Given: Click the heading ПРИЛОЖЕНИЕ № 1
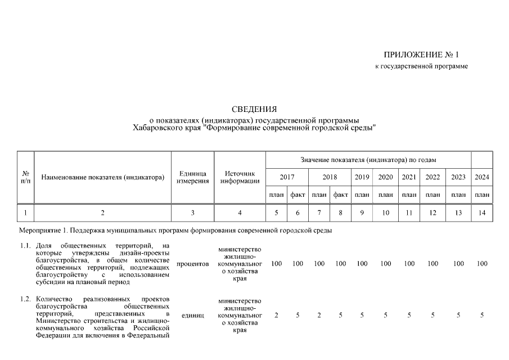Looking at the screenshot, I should (421, 55).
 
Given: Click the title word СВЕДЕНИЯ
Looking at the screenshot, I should (254, 109).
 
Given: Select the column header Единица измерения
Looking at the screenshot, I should (192, 177).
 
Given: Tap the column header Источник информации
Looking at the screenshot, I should (240, 177).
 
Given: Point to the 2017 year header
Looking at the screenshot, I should (287, 177).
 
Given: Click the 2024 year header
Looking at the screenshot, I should (482, 177).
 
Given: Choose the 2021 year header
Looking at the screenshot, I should (409, 177).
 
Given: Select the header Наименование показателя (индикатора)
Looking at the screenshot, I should (102, 177).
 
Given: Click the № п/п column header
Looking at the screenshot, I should (26, 177).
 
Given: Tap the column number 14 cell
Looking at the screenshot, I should (482, 213).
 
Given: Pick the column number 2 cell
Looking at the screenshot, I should (102, 213).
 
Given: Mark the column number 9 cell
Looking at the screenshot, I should (362, 213).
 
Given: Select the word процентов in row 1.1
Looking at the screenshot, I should (192, 264).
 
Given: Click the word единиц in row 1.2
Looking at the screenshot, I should (192, 316).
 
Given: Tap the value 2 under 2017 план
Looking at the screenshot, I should (276, 316).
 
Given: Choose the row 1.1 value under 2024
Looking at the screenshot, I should (482, 264).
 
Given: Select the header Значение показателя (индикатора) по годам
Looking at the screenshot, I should (368, 160).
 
